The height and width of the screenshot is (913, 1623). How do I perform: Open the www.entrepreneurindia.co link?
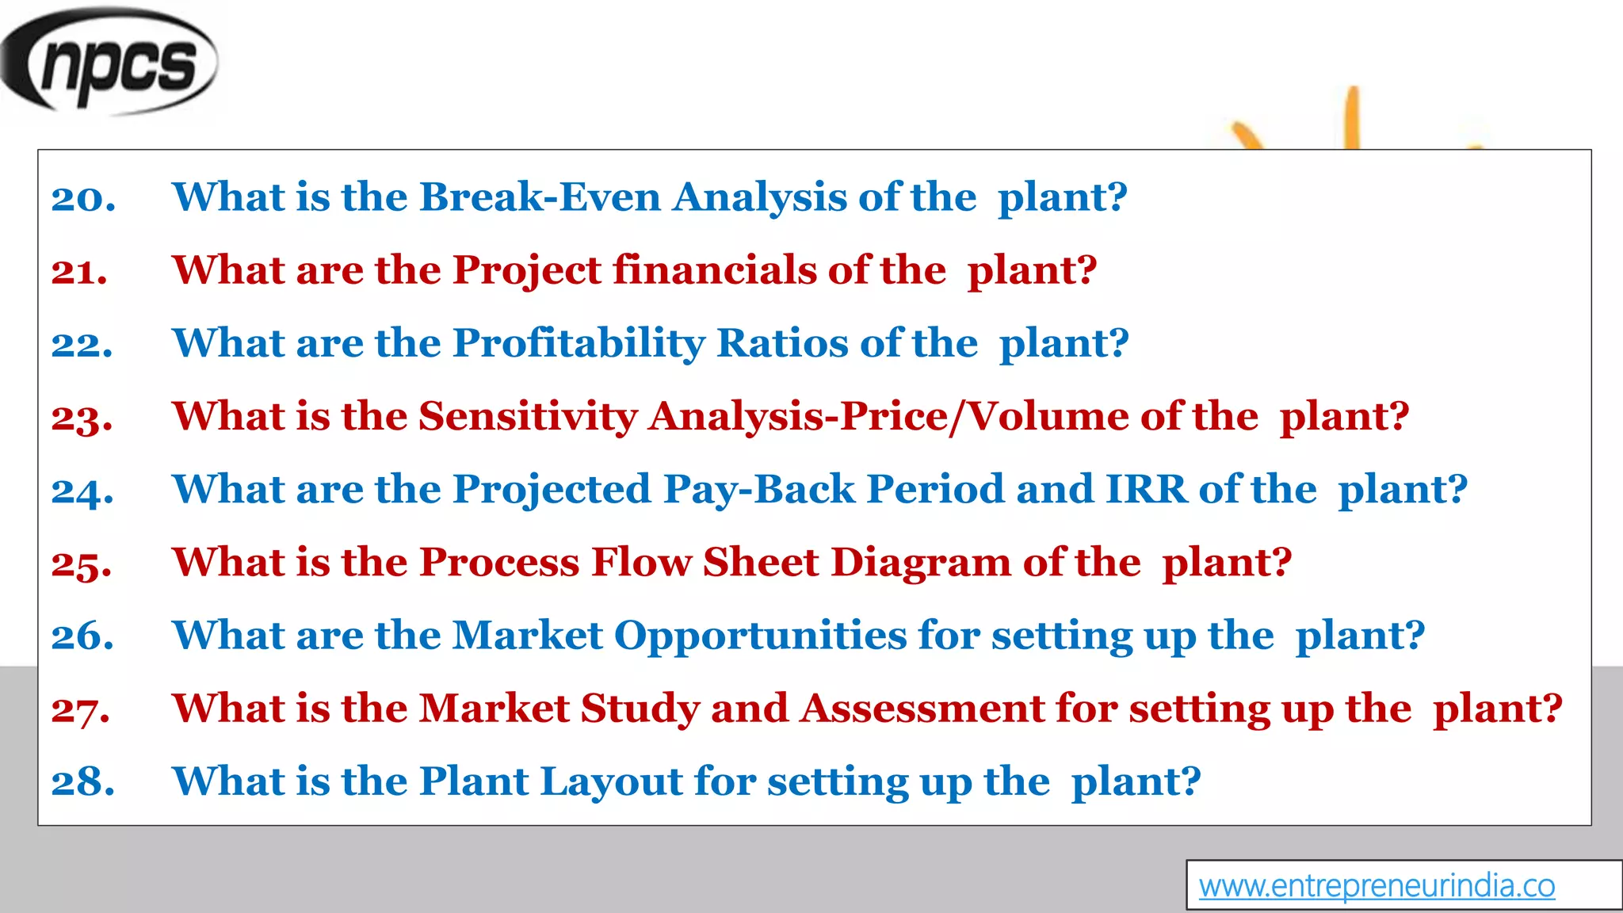coord(1377,886)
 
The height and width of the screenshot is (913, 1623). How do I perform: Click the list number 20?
coord(83,198)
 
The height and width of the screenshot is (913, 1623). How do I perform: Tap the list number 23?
coord(82,418)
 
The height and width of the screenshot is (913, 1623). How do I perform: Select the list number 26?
coord(82,636)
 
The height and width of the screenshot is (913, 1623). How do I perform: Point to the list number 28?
coord(82,782)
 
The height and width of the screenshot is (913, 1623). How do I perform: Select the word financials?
coord(715,269)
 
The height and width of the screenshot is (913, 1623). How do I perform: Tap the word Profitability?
coord(579,343)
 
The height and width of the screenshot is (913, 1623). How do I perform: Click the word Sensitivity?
coord(528,416)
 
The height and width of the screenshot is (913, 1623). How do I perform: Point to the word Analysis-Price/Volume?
coord(888,416)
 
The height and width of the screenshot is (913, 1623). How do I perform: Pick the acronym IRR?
coord(1146,489)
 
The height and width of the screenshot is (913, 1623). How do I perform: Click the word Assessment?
coord(922,708)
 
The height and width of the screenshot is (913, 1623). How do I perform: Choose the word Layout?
coord(611,781)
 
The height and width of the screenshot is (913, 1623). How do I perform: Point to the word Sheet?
coord(761,562)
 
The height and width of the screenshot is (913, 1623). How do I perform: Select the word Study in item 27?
coord(640,708)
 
